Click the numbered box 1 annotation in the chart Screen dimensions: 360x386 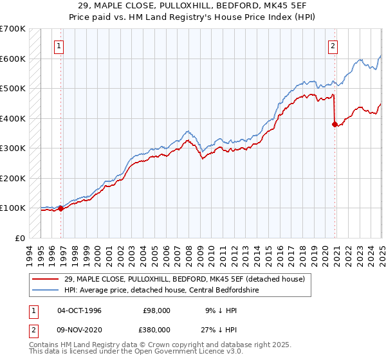pyautogui.click(x=59, y=46)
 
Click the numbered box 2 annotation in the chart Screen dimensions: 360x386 pyautogui.click(x=333, y=46)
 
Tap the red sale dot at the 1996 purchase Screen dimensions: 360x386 pyautogui.click(x=61, y=208)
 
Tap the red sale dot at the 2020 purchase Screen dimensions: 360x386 pyautogui.click(x=335, y=125)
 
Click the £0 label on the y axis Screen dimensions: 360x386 pyautogui.click(x=21, y=238)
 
